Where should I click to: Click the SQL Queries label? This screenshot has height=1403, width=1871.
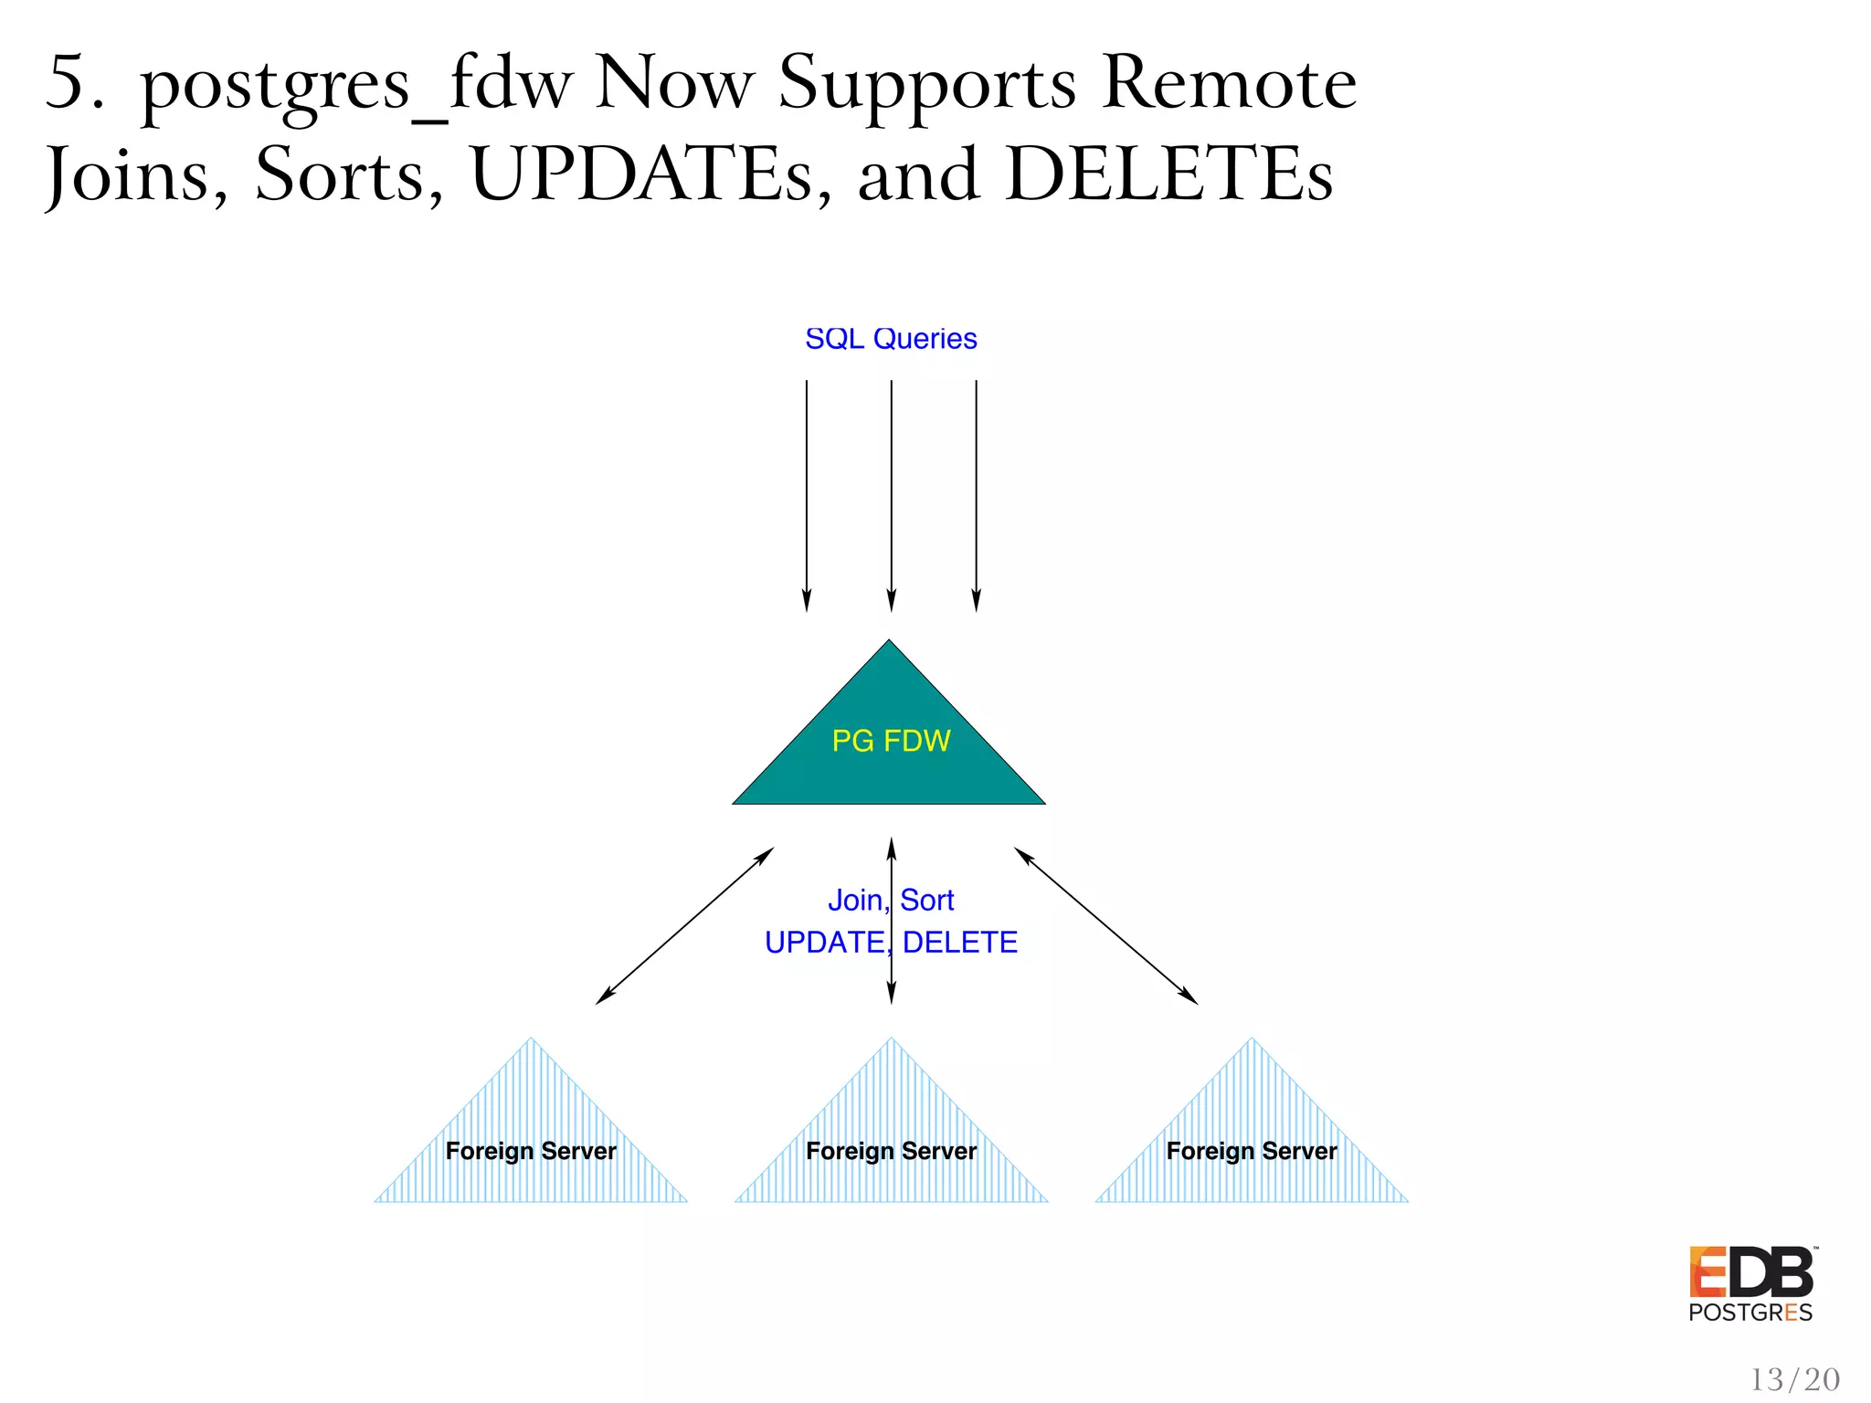click(x=891, y=339)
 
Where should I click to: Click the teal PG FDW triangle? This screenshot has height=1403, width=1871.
click(x=889, y=749)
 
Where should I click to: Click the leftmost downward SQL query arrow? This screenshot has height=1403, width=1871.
click(x=807, y=493)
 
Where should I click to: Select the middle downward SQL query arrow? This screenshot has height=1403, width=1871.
click(x=892, y=493)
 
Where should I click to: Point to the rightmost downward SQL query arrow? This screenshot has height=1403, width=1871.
click(x=977, y=493)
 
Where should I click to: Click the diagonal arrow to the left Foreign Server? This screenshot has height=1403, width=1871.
click(x=685, y=925)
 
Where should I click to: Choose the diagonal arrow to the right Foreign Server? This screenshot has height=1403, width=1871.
click(x=1105, y=925)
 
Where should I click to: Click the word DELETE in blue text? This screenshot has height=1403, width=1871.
click(x=960, y=942)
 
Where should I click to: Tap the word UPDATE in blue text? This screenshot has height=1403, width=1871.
click(x=824, y=942)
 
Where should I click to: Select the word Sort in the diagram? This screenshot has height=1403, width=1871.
click(x=927, y=901)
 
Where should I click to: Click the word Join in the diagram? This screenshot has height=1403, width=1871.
click(x=855, y=901)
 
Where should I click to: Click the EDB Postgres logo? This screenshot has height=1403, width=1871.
click(x=1750, y=1284)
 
